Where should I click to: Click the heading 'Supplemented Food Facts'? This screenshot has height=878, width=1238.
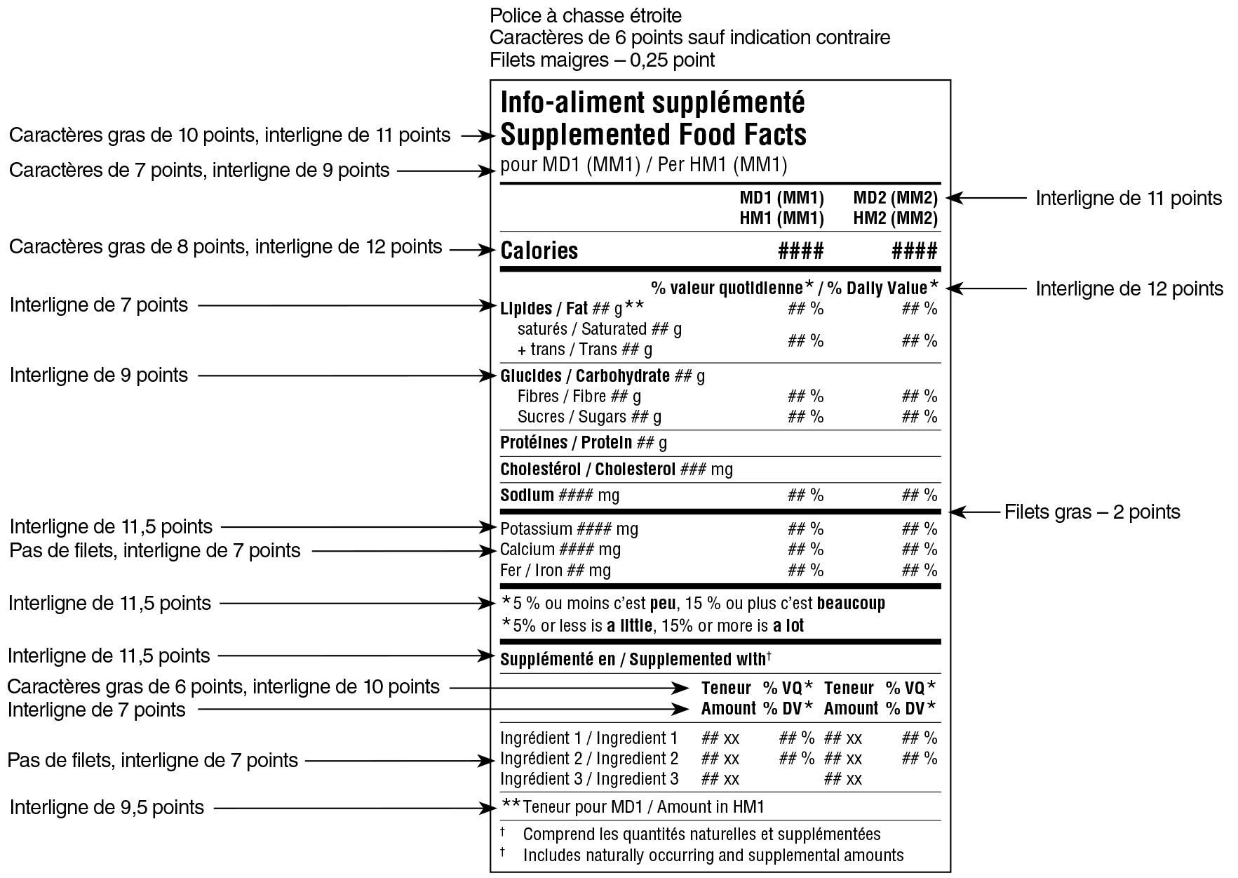click(x=653, y=135)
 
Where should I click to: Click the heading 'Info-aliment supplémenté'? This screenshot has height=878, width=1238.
click(x=652, y=103)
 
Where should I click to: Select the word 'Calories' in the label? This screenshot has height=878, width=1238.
click(x=539, y=251)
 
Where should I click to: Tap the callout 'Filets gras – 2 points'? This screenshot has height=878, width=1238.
click(x=1091, y=512)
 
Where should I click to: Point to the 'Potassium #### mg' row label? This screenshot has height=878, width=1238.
click(x=569, y=529)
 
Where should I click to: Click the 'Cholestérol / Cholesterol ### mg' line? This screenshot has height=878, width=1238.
click(x=616, y=470)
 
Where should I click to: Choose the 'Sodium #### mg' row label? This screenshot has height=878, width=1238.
click(x=559, y=495)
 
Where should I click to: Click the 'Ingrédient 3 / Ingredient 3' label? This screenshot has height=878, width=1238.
click(x=589, y=779)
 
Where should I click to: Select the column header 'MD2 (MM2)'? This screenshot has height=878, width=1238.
click(x=895, y=198)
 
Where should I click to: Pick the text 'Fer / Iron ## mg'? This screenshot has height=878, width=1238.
click(x=555, y=571)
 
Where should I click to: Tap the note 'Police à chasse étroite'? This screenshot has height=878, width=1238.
click(x=585, y=15)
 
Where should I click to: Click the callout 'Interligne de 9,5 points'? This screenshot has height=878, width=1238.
click(x=107, y=808)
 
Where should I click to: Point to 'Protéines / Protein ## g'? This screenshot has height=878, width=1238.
click(x=583, y=443)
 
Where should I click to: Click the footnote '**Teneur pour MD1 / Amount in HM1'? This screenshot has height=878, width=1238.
click(x=633, y=807)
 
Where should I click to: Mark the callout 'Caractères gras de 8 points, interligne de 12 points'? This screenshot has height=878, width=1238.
click(x=225, y=247)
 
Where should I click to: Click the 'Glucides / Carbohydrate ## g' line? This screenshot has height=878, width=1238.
click(x=602, y=376)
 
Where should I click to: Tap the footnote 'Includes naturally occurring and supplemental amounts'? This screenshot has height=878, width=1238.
click(x=713, y=856)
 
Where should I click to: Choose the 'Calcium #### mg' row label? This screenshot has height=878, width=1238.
click(x=560, y=550)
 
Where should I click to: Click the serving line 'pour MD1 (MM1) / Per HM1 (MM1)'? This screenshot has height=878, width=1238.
click(x=643, y=166)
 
